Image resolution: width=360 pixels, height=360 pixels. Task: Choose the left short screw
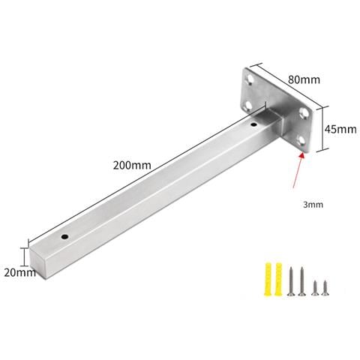[315, 287]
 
